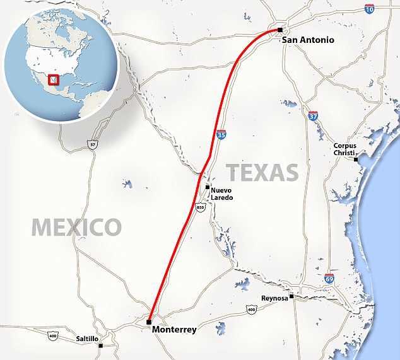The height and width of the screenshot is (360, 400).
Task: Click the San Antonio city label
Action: (x=307, y=40)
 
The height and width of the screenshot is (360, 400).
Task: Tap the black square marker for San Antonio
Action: (x=279, y=30)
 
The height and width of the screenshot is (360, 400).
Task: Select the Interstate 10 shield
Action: (x=369, y=8)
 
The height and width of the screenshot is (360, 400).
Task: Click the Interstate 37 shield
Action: (x=313, y=116)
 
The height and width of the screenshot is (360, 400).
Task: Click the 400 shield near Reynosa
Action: (x=252, y=310)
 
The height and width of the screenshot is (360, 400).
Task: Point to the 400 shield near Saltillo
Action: (x=52, y=336)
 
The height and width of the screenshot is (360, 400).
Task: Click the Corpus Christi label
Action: (x=346, y=150)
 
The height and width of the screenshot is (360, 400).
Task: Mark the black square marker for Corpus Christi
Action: (x=356, y=160)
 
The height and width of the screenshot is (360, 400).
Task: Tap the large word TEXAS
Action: (x=262, y=172)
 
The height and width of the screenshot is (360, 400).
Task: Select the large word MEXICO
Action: (x=76, y=226)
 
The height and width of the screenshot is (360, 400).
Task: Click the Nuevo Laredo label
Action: (x=223, y=194)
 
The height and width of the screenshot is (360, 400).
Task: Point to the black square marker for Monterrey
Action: (x=149, y=322)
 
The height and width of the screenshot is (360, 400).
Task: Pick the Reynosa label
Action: (x=274, y=298)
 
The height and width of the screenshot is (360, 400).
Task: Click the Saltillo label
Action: (x=87, y=339)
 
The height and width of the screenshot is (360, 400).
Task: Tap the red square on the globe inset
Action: (x=54, y=79)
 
